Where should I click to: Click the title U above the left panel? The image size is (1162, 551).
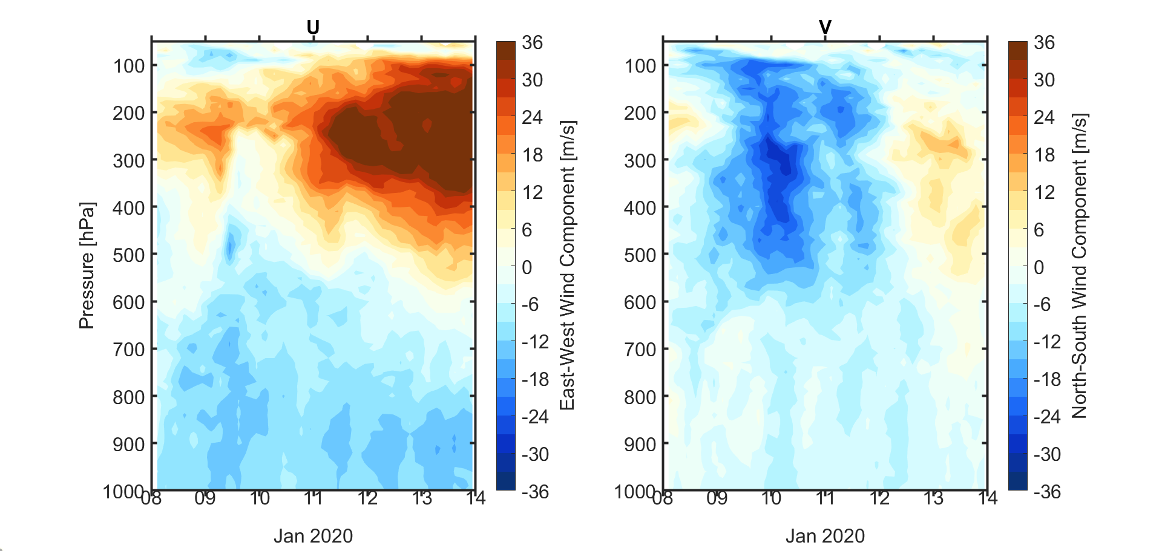click(x=313, y=27)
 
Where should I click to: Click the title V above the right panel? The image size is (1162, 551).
click(x=825, y=27)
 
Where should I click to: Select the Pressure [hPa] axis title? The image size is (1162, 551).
click(x=87, y=266)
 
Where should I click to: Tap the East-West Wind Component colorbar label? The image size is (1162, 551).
click(x=567, y=266)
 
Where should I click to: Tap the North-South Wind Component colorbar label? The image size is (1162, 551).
click(x=1079, y=266)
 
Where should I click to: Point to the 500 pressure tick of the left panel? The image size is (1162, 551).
click(x=129, y=255)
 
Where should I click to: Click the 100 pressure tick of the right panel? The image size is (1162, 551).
click(x=640, y=65)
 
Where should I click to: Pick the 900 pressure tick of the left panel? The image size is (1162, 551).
click(x=129, y=445)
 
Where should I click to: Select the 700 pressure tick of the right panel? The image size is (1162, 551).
click(x=640, y=350)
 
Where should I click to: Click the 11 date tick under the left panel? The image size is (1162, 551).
click(x=313, y=498)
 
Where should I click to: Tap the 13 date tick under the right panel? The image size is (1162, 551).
click(x=933, y=498)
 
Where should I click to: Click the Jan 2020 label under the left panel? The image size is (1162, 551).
click(x=313, y=536)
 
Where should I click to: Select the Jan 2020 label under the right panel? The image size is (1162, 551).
click(x=825, y=536)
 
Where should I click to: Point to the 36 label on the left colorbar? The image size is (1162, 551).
click(x=533, y=43)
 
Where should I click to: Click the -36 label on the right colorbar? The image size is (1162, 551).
click(x=1047, y=492)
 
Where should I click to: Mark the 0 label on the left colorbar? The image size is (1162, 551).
click(x=527, y=267)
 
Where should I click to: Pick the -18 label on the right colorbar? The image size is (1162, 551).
click(x=1047, y=380)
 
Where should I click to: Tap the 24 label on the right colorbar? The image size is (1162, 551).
click(x=1045, y=117)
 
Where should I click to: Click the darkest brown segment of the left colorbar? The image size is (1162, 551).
click(x=505, y=50)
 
